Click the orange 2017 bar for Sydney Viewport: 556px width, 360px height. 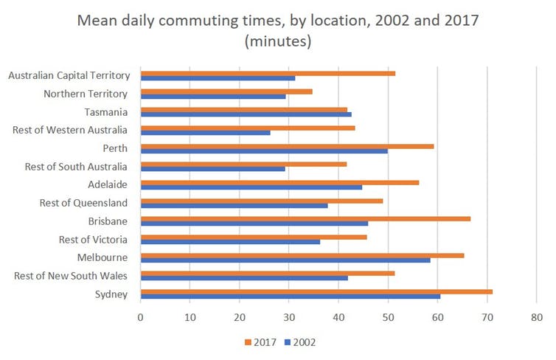(x=316, y=291)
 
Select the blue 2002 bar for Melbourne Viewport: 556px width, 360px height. (x=285, y=260)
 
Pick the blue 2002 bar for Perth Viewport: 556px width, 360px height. (x=264, y=150)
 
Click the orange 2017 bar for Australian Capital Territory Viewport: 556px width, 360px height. (x=268, y=73)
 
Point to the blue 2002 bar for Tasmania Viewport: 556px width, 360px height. (x=246, y=114)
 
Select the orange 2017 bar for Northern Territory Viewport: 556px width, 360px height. (x=226, y=91)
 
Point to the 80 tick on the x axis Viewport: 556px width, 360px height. (x=536, y=318)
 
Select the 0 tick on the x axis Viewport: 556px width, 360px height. (x=140, y=318)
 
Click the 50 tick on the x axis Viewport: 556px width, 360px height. (x=388, y=318)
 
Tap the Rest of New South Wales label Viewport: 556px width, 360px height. (x=71, y=276)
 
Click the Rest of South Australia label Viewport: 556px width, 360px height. (x=77, y=166)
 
